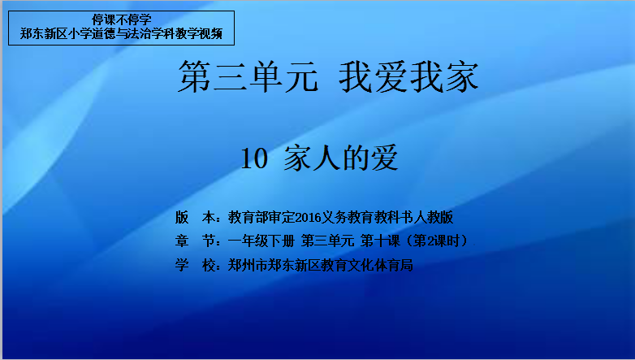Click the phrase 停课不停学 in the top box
pyautogui.click(x=122, y=20)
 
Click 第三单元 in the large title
pyautogui.click(x=248, y=76)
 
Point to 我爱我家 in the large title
pyautogui.click(x=408, y=76)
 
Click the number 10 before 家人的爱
pyautogui.click(x=254, y=158)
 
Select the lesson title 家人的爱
pyautogui.click(x=341, y=158)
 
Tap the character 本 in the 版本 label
pyautogui.click(x=209, y=217)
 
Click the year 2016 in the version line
pyautogui.click(x=308, y=218)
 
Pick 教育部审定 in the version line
pyautogui.click(x=261, y=217)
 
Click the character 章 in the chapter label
pyautogui.click(x=182, y=241)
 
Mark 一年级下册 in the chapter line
pyautogui.click(x=261, y=241)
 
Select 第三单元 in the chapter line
pyautogui.click(x=327, y=241)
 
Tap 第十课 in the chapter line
pyautogui.click(x=380, y=241)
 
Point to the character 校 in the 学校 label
pyautogui.click(x=209, y=265)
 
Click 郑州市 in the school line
pyautogui.click(x=248, y=265)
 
